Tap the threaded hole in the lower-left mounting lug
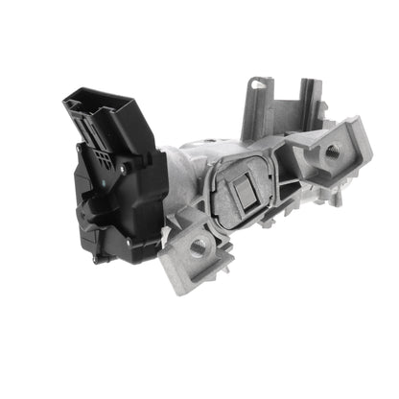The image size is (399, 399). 199,247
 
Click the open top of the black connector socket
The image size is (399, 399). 96,100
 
